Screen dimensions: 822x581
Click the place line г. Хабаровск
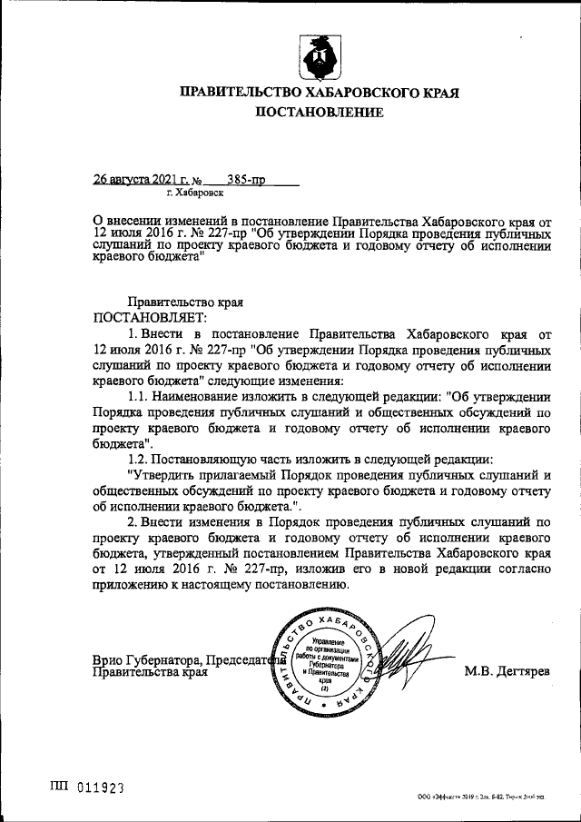193,193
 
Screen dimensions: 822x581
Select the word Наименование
201,397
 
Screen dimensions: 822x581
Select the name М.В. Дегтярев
507,672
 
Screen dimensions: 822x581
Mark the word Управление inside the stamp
327,640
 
